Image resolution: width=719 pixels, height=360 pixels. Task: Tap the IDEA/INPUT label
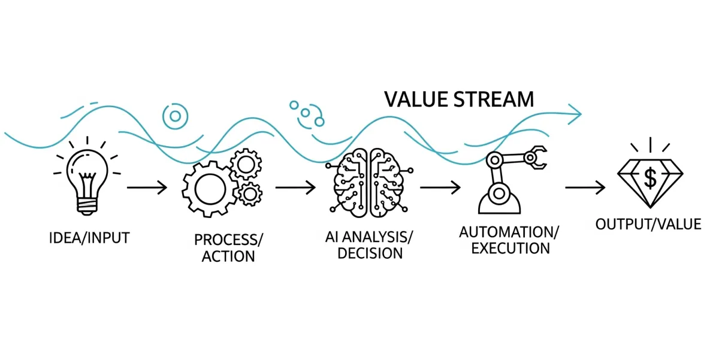[x=89, y=238]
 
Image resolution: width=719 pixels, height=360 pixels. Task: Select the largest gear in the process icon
[x=207, y=187]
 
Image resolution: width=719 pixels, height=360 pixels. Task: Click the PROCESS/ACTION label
[x=228, y=248]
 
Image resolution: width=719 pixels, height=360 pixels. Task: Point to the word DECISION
[x=370, y=253]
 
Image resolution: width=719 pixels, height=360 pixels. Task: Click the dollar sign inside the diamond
[x=650, y=177]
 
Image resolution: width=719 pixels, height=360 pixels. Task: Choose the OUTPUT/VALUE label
[x=648, y=225]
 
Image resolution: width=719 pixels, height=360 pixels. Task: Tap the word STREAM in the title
[x=496, y=99]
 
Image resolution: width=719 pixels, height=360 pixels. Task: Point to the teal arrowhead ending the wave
[x=576, y=113]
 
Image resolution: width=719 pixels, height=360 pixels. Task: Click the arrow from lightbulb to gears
[x=147, y=187]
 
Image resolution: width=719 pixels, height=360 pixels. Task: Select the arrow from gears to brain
[x=295, y=187]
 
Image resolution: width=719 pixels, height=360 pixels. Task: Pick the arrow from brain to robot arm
[x=440, y=187]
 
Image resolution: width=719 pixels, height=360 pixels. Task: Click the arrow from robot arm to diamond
[x=585, y=187]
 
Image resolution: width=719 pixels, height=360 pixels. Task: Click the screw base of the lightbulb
[x=88, y=206]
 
